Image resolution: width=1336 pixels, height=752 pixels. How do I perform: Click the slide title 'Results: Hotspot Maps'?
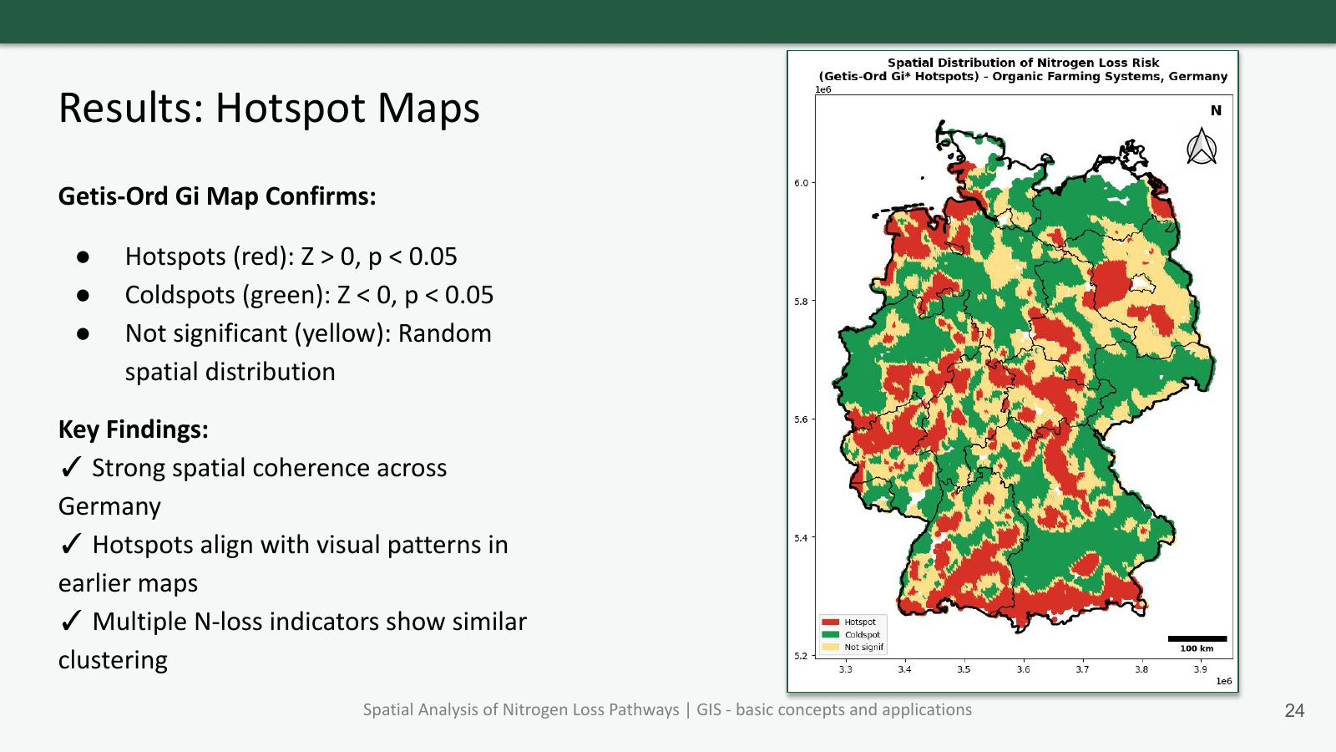[269, 109]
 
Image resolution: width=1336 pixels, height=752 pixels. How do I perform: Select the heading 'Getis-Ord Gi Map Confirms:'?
[217, 196]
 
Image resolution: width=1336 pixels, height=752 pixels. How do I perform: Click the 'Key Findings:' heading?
[133, 429]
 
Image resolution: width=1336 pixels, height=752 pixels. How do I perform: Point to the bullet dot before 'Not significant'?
[83, 334]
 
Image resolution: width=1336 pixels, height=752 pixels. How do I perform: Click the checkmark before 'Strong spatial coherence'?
[71, 467]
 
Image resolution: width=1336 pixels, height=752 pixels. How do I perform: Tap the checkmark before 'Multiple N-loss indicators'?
[71, 621]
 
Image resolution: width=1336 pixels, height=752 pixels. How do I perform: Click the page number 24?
[1294, 710]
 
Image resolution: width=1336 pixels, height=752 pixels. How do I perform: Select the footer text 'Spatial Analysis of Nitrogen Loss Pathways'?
[521, 709]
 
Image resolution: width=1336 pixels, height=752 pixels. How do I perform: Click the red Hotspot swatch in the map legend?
[830, 622]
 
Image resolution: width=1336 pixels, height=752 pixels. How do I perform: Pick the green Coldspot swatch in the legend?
[830, 635]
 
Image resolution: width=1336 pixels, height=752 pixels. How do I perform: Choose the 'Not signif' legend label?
[863, 648]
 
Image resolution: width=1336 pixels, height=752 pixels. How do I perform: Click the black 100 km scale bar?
[1197, 639]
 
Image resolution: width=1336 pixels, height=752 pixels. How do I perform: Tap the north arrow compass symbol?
[1202, 147]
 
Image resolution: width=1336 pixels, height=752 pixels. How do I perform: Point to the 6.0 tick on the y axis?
[801, 183]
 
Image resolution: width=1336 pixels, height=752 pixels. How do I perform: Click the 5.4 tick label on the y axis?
[801, 538]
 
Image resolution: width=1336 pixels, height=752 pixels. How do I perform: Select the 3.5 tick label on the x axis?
[964, 669]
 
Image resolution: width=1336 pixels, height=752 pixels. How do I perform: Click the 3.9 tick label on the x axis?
[1200, 669]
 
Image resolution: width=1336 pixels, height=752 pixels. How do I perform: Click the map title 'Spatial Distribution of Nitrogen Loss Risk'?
[1023, 63]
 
